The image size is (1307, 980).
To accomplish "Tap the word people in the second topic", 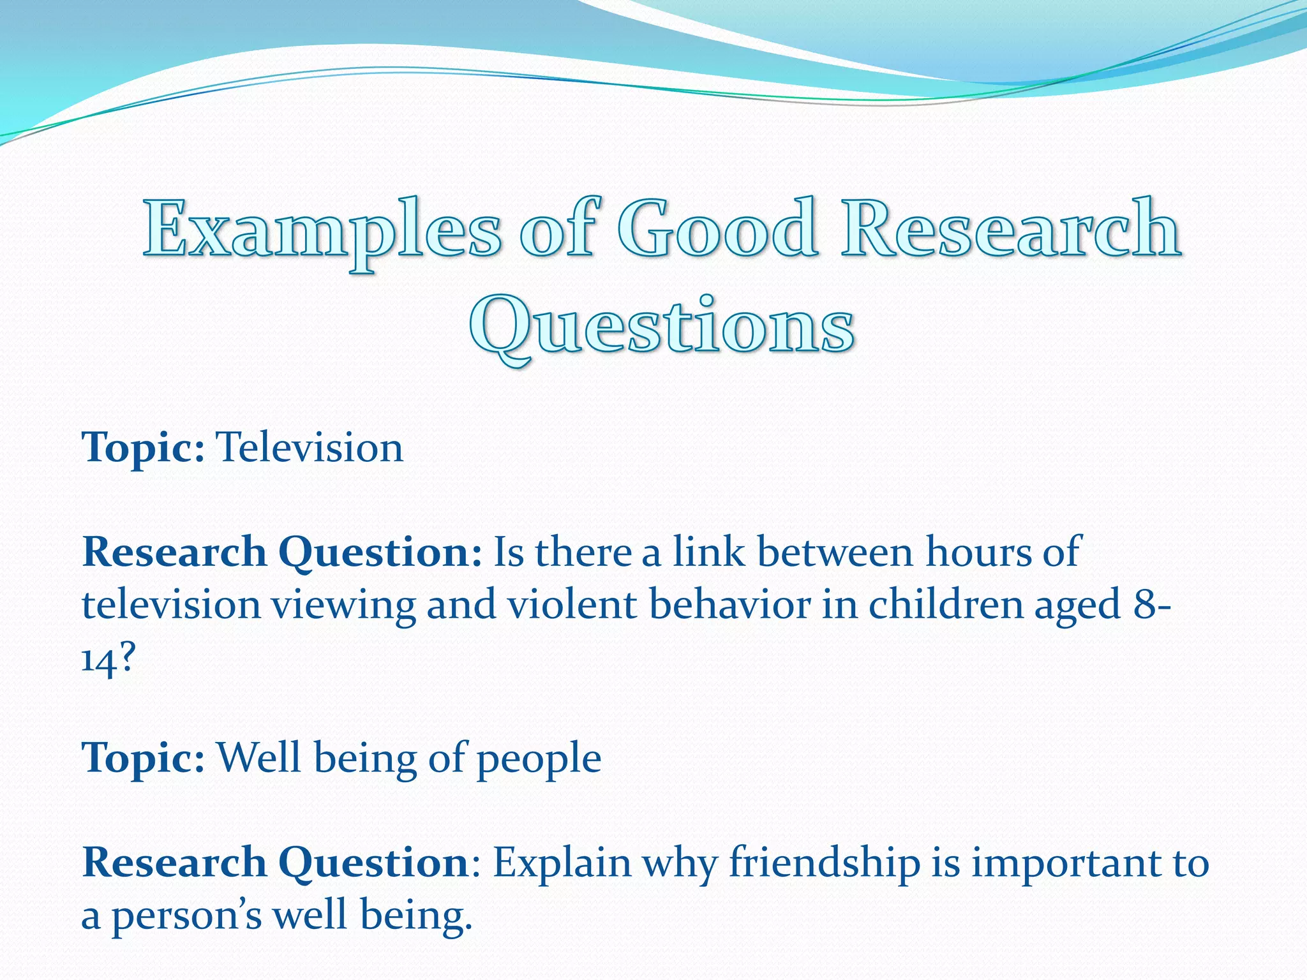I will [x=539, y=759].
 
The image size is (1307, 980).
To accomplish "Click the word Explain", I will [x=562, y=863].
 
